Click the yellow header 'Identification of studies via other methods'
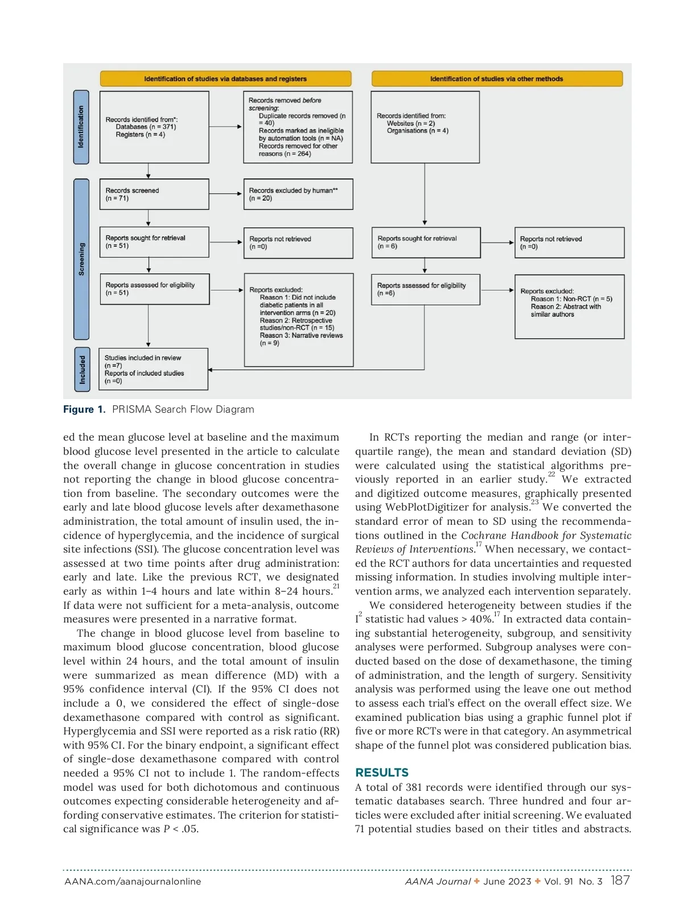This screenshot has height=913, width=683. click(x=496, y=78)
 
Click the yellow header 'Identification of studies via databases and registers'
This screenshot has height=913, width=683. click(x=225, y=78)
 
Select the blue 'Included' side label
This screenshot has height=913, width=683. click(x=82, y=370)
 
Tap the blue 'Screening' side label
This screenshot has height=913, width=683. click(x=81, y=259)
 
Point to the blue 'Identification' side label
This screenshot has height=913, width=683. click(x=81, y=127)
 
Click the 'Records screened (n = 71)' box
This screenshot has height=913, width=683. click(x=154, y=194)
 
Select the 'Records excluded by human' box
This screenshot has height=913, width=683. click(x=298, y=194)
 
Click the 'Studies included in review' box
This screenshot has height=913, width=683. click(x=153, y=370)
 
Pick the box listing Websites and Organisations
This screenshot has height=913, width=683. click(x=425, y=127)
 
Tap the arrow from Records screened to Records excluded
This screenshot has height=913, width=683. click(x=226, y=194)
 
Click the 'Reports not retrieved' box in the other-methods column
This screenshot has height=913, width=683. click(x=569, y=243)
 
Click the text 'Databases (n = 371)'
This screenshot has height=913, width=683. click(x=146, y=127)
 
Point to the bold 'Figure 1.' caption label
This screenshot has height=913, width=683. click(x=84, y=409)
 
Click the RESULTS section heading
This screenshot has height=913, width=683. click(x=381, y=773)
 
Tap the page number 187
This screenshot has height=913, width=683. click(x=620, y=881)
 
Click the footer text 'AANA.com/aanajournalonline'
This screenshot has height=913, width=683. click(x=133, y=882)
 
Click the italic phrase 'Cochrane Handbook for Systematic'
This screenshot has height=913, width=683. click(x=546, y=536)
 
